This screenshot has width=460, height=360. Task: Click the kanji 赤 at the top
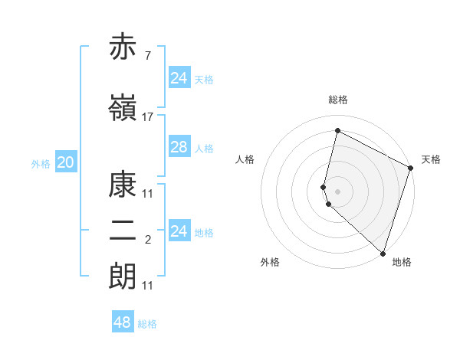[123, 47]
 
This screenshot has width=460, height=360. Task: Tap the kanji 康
[123, 184]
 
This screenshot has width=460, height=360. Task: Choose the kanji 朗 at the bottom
[123, 276]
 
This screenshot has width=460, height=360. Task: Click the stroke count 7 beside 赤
[147, 56]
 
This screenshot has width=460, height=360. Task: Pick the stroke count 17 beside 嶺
[148, 116]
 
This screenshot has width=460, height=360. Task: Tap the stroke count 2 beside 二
[147, 240]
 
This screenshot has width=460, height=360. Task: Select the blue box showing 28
[179, 147]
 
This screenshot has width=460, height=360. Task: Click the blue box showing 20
[65, 162]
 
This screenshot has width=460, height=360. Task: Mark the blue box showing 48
[123, 322]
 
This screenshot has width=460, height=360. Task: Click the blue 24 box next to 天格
[179, 78]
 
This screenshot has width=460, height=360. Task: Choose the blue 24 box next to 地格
[179, 231]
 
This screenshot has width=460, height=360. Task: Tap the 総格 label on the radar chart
[337, 100]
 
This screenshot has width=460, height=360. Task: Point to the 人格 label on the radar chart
[245, 159]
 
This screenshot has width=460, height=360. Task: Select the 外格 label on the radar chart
[270, 262]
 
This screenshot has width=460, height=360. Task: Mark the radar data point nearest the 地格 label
[383, 253]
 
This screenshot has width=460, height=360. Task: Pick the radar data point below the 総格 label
[337, 131]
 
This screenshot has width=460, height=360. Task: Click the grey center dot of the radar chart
[337, 191]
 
